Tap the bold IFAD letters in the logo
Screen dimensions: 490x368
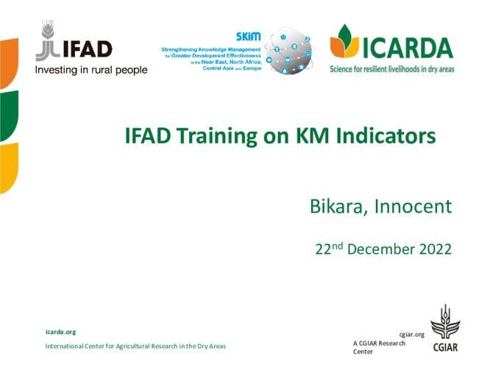[88, 49]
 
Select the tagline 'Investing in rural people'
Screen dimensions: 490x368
[91, 70]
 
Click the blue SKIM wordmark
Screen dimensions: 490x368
[248, 37]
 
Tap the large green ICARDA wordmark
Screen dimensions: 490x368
[408, 48]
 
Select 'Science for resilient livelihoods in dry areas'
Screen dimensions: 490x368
[392, 69]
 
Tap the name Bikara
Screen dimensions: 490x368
[338, 206]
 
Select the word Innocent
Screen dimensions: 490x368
[413, 206]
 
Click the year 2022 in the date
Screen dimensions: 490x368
[436, 250]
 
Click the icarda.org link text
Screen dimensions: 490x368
[60, 332]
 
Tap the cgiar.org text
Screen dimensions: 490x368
[411, 335]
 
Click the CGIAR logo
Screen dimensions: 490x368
[445, 328]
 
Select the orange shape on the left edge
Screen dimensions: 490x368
[9, 63]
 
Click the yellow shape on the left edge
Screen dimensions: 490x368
[9, 168]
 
